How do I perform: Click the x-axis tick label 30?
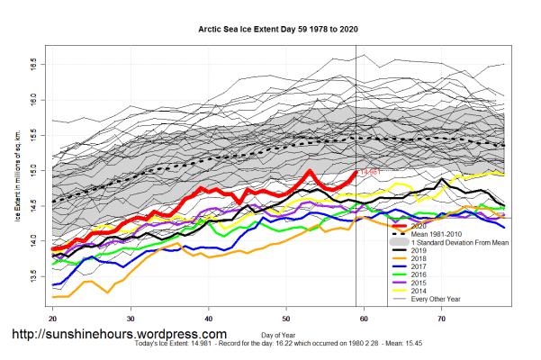point(131,319)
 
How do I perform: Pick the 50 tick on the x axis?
point(286,319)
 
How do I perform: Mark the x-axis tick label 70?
point(442,319)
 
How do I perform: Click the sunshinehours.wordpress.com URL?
point(131,334)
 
